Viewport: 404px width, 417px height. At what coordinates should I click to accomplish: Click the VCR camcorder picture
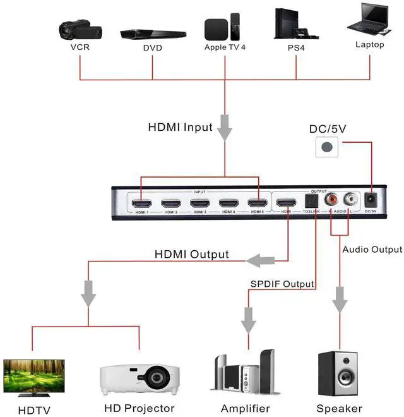pos(79,28)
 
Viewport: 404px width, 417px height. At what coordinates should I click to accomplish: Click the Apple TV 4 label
pos(224,47)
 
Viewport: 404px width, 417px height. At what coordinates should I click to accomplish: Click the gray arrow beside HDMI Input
pos(225,130)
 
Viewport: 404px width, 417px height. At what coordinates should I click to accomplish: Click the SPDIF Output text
pos(282,284)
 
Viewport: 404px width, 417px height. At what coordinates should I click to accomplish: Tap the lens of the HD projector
pos(157,379)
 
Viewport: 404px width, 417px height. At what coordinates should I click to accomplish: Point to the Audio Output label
pos(372,250)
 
